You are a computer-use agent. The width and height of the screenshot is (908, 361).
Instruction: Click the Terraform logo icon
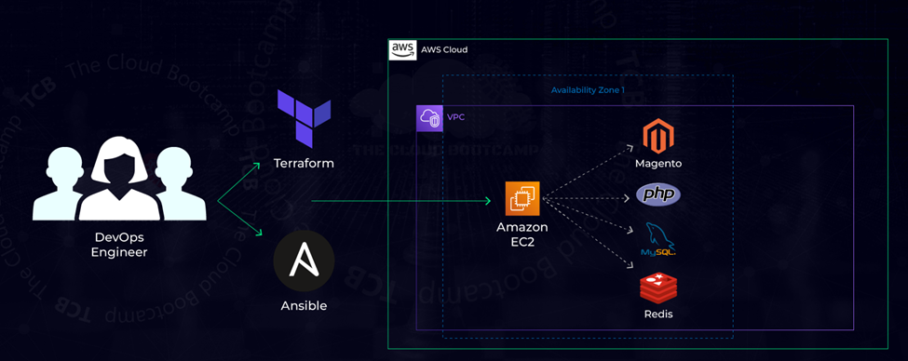(x=304, y=119)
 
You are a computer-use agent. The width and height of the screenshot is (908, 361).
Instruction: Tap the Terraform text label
(x=304, y=164)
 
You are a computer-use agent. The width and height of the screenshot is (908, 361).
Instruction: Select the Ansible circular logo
(x=304, y=261)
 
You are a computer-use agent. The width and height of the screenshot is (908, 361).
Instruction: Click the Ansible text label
(x=304, y=306)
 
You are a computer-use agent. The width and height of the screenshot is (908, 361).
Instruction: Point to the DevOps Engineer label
(x=119, y=245)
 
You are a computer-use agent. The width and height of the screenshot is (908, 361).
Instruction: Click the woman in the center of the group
(x=119, y=181)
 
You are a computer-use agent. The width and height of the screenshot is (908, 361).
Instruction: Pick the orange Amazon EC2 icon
(x=522, y=199)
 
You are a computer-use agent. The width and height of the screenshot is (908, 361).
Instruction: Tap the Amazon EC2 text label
(x=522, y=234)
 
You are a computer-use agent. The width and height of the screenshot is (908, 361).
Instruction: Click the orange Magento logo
(x=658, y=137)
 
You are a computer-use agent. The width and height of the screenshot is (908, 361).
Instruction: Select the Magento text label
(x=658, y=164)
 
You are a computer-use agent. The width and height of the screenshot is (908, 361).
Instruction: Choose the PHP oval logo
(x=658, y=195)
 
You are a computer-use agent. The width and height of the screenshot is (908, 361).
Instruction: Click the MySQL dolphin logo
(x=658, y=240)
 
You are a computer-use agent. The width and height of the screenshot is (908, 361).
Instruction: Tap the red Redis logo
(x=658, y=288)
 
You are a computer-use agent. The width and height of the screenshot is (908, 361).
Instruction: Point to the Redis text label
(x=658, y=314)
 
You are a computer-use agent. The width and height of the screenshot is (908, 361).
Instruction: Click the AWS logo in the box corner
(x=402, y=49)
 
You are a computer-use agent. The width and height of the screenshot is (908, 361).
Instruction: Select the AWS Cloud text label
(x=444, y=50)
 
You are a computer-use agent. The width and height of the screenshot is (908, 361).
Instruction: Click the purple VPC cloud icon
(x=429, y=118)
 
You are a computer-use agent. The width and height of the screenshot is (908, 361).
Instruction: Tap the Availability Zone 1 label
(x=588, y=90)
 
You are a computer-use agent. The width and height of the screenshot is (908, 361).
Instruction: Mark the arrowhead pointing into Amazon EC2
(x=486, y=200)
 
